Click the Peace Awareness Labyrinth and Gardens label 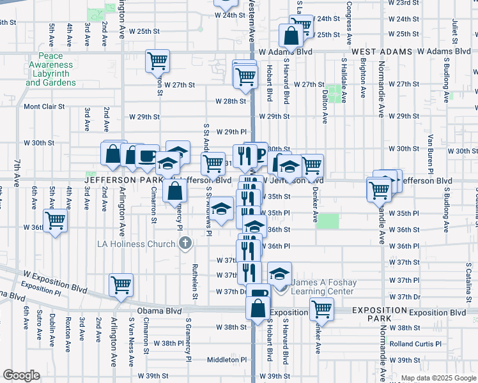pyautogui.click(x=51, y=70)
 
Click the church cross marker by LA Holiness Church pyautogui.click(x=185, y=243)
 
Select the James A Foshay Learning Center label pyautogui.click(x=321, y=287)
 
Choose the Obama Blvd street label pyautogui.click(x=155, y=311)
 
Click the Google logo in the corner pyautogui.click(x=21, y=375)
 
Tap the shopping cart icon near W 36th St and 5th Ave pyautogui.click(x=56, y=221)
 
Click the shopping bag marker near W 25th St pyautogui.click(x=291, y=36)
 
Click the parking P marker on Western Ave pyautogui.click(x=260, y=153)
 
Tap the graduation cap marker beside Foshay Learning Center pyautogui.click(x=279, y=273)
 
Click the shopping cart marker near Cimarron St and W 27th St pyautogui.click(x=157, y=61)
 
